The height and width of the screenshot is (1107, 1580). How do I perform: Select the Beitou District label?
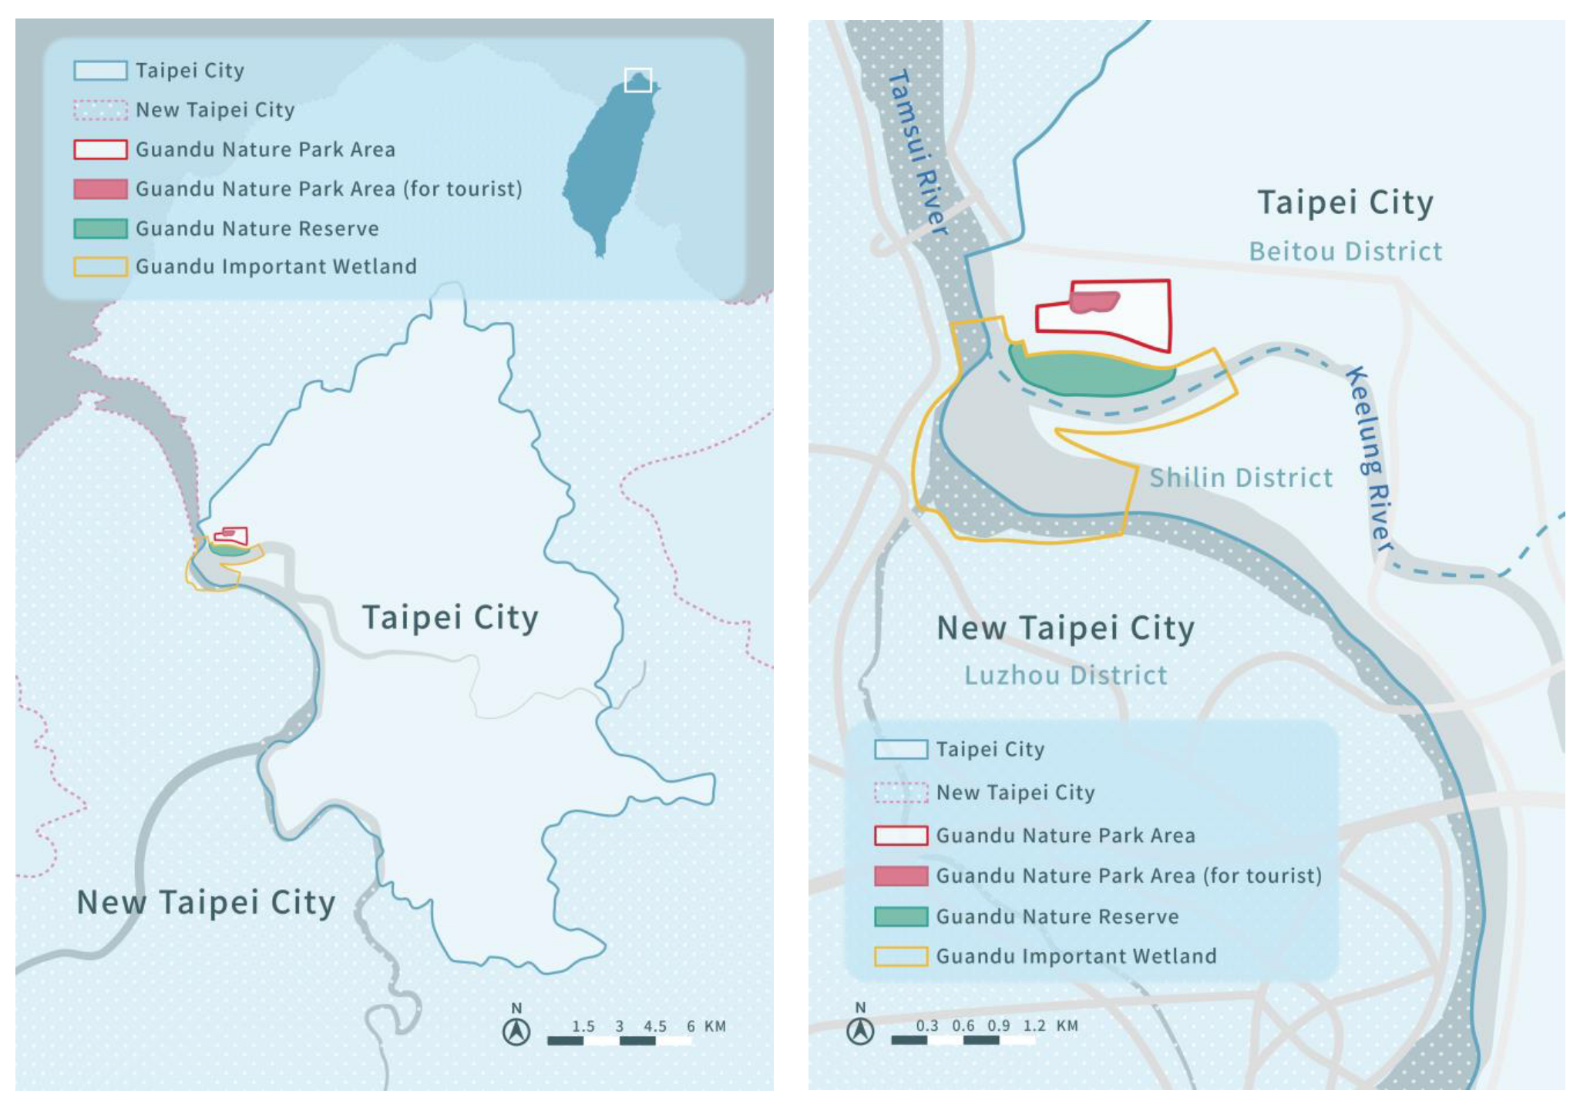click(1345, 252)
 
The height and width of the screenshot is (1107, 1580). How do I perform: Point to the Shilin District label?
click(1240, 478)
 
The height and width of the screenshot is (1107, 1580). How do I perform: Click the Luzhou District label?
click(1065, 676)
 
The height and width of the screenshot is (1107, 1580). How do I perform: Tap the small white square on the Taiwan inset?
click(637, 80)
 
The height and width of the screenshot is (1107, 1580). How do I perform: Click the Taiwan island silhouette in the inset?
click(609, 169)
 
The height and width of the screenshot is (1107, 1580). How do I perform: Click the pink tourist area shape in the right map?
click(1094, 302)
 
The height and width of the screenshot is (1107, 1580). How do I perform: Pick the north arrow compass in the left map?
click(516, 1031)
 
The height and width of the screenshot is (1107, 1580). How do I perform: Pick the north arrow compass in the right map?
click(860, 1031)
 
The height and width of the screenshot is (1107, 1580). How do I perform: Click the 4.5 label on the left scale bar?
click(654, 1026)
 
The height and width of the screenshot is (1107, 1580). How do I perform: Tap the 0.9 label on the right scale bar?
click(998, 1025)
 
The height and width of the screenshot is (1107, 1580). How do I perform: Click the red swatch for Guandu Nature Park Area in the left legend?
click(100, 149)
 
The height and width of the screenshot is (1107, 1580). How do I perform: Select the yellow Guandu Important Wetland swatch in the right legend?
click(900, 956)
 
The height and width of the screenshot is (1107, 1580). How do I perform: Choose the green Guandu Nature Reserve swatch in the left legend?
click(100, 229)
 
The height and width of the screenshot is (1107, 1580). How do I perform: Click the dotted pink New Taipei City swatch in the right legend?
click(900, 793)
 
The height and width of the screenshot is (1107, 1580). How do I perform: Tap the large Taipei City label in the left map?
click(450, 618)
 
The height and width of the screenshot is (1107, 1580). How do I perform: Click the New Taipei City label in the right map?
click(1065, 629)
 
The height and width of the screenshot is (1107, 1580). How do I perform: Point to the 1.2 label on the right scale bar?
click(1034, 1025)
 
